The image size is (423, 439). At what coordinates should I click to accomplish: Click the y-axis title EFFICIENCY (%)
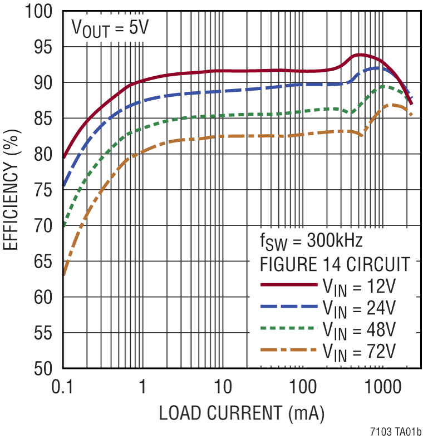(x=12, y=190)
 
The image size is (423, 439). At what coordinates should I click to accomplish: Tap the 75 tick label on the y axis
(x=43, y=190)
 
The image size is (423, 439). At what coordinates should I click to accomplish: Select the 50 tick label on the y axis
(x=43, y=368)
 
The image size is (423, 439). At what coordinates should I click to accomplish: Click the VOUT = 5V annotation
(x=109, y=28)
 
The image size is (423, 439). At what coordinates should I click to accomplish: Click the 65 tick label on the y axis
(x=43, y=261)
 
